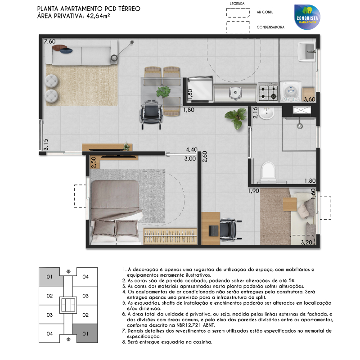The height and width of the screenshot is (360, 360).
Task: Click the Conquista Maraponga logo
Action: (307, 17)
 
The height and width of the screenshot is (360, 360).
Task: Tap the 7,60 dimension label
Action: (49, 41)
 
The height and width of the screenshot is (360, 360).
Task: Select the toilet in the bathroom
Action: (268, 170)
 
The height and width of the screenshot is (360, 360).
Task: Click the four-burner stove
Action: (268, 92)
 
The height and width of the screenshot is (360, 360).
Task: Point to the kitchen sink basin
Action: (235, 93)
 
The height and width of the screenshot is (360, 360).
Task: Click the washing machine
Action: (290, 91)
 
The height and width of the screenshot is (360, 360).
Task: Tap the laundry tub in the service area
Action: (307, 52)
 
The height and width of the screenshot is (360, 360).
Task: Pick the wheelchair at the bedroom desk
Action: (229, 229)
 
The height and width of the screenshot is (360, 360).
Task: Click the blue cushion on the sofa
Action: (66, 50)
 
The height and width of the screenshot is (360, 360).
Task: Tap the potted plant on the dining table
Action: (163, 92)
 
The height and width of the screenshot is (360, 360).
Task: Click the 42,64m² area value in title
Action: (98, 16)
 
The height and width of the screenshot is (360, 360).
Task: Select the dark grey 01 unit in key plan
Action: (85, 333)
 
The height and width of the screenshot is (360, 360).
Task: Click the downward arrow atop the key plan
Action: (68, 272)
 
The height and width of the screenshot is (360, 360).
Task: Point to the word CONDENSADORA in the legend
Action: (270, 27)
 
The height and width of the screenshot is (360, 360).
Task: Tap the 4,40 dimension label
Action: (192, 150)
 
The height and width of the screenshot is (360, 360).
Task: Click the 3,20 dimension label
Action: (306, 242)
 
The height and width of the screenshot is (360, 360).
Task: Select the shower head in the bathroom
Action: (300, 126)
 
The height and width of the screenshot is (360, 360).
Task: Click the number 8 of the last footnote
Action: (124, 342)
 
